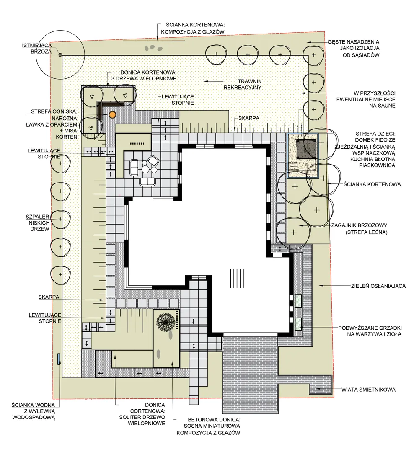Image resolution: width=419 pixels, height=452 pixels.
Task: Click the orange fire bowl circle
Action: tap(112, 115)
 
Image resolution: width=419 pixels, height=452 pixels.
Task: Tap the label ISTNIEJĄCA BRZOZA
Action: tap(37, 49)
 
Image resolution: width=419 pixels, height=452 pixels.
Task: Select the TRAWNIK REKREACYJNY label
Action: tap(242, 84)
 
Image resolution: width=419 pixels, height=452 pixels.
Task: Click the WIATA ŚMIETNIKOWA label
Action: tap(368, 390)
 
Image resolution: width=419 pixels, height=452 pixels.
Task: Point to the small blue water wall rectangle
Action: tap(59, 359)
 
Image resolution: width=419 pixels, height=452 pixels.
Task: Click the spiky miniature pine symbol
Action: tap(166, 323)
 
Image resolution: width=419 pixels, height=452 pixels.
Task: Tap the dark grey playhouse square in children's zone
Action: tap(306, 149)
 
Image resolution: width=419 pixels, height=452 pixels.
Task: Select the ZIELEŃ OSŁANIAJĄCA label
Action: tap(378, 286)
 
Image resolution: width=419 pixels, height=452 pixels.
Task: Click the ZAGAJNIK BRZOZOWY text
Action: tap(359, 225)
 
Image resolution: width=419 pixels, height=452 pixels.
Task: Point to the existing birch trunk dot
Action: tap(60, 54)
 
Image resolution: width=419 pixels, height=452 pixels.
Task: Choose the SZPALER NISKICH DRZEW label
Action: tap(38, 223)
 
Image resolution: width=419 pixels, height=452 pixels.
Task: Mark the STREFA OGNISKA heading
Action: tap(54, 111)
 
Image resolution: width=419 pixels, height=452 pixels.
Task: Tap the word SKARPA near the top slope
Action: tap(248, 118)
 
